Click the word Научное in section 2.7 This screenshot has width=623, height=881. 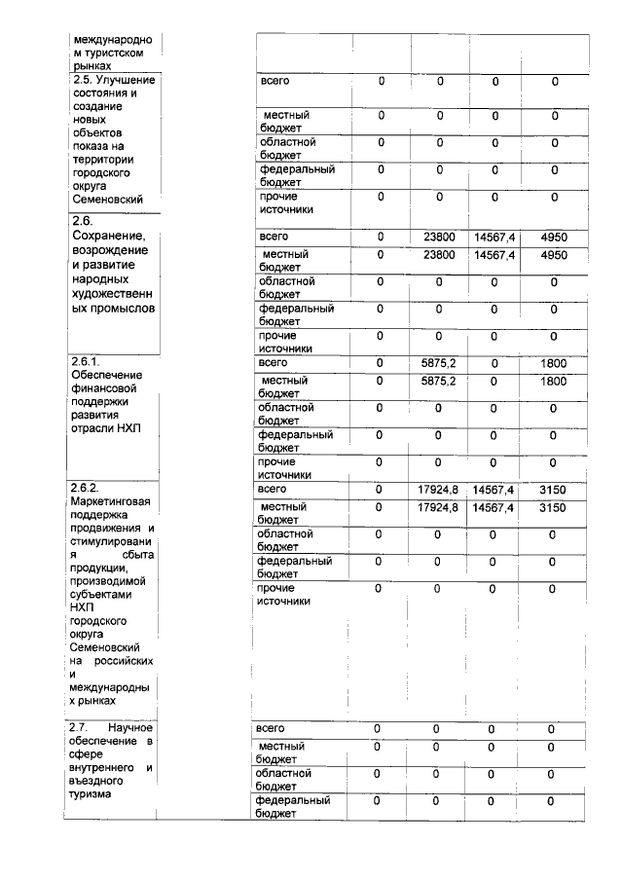130,727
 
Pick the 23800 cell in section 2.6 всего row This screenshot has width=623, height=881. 439,237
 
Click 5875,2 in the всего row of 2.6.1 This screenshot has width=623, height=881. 439,362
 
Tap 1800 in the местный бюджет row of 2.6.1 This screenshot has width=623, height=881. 554,382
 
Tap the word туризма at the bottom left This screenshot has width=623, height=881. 90,793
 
